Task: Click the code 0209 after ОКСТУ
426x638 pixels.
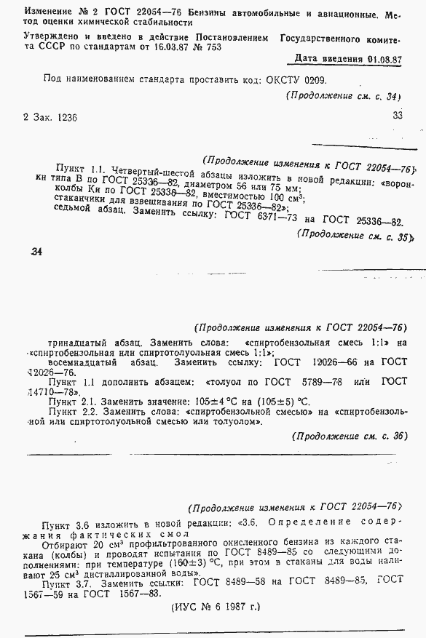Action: point(315,80)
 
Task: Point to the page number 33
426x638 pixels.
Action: point(398,114)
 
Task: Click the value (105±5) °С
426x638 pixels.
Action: point(284,401)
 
